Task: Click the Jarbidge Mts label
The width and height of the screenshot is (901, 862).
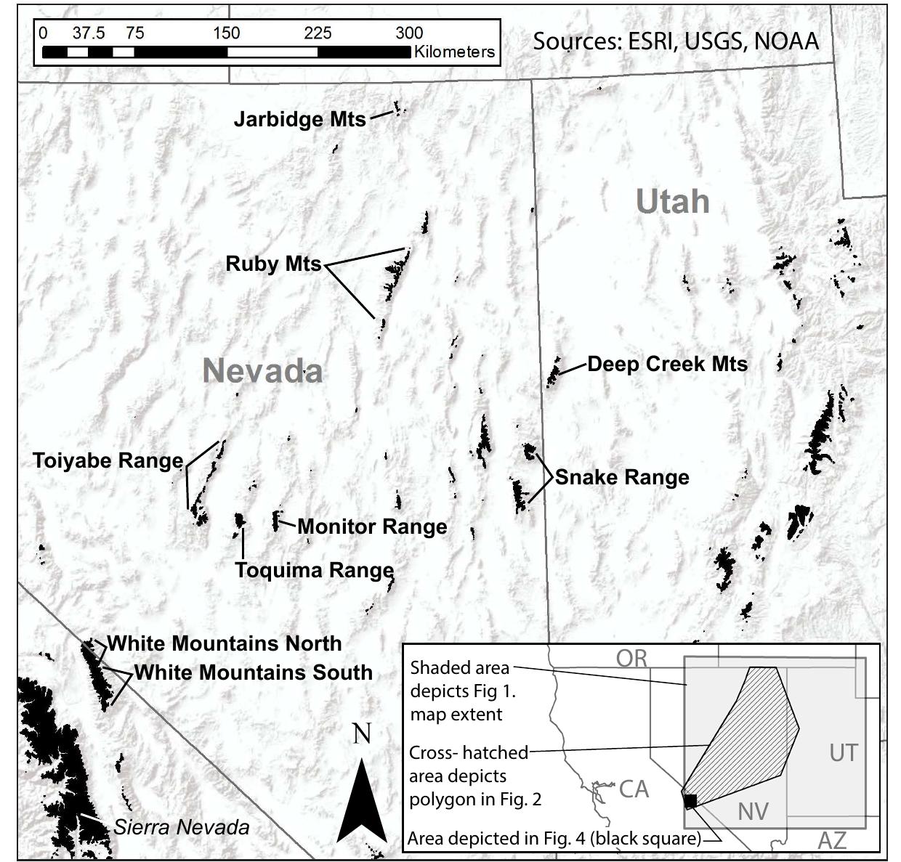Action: point(299,119)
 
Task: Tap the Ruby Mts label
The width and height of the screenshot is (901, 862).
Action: point(273,264)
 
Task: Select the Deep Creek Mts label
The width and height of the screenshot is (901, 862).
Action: point(667,364)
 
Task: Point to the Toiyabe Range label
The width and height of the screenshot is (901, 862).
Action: point(108,460)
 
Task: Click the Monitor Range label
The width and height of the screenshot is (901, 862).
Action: point(372,526)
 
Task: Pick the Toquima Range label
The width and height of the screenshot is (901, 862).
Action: point(314,571)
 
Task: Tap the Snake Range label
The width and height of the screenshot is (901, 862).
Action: point(622,478)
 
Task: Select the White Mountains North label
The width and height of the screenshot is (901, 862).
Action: point(225,643)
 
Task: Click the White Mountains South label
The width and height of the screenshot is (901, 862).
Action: point(253,672)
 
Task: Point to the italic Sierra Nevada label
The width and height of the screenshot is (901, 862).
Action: point(182,826)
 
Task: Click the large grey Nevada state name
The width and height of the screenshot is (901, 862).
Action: point(262,371)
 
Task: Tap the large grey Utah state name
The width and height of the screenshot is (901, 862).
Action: point(672,201)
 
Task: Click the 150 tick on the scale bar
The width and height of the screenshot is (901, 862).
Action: point(226,33)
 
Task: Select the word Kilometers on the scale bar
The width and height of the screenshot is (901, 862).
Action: point(454,52)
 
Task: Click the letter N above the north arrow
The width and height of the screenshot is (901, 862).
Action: point(362,734)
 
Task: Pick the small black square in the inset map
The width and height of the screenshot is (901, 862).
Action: point(690,800)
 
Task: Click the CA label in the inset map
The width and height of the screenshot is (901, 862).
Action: point(634,789)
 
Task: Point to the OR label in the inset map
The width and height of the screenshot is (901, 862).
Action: point(631,658)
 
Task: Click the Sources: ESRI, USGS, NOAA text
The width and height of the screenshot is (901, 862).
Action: point(676,41)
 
